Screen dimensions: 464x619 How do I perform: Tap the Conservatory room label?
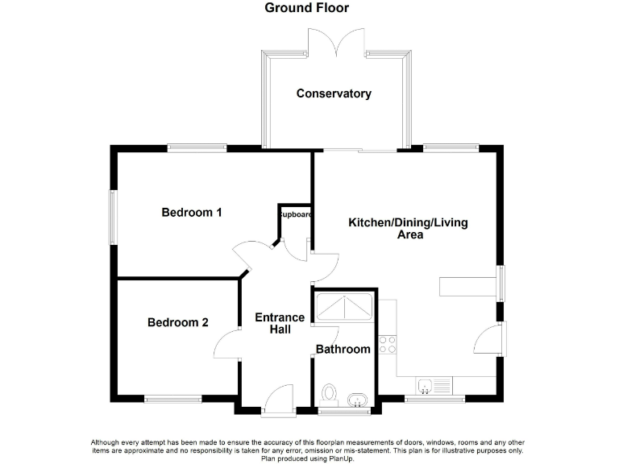[334, 93]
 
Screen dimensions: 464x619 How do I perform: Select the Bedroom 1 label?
[192, 213]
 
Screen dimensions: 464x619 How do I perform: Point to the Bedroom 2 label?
[178, 322]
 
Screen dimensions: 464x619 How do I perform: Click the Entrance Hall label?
[280, 324]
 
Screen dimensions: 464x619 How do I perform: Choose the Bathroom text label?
[343, 349]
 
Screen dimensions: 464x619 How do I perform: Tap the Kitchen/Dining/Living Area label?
[408, 229]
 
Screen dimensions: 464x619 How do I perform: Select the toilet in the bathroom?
[328, 394]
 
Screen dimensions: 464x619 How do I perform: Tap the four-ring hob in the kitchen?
[388, 345]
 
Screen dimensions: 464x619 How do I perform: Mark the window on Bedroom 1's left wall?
[114, 216]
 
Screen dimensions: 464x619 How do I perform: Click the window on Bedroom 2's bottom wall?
[172, 399]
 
